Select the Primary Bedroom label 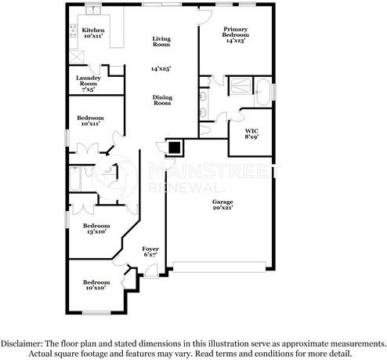click(235, 36)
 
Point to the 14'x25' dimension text click(161, 69)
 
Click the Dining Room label click(161, 100)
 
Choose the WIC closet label click(251, 133)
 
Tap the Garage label click(222, 205)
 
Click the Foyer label click(150, 252)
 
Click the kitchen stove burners click(77, 56)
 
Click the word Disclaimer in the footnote click(24, 344)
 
